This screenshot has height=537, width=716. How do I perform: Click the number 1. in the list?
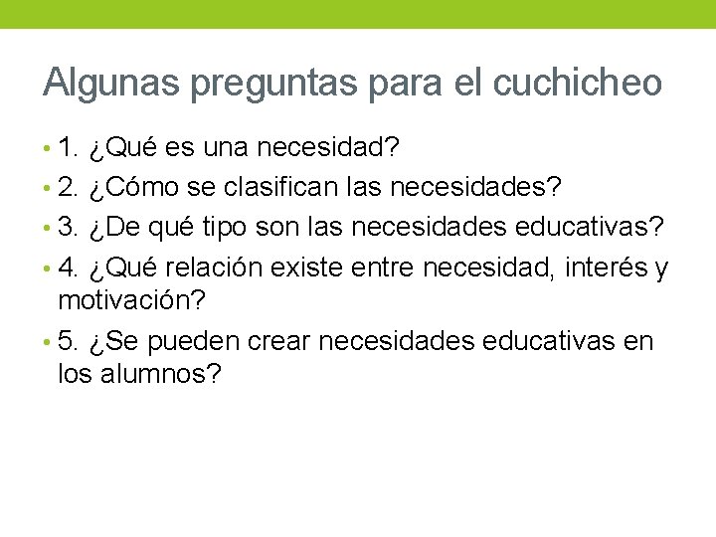(69, 148)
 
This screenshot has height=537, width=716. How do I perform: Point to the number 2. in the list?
(69, 187)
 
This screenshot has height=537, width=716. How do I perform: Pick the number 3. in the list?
(69, 227)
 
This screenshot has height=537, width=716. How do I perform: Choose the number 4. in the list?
(69, 268)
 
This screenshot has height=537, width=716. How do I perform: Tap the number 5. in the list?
(69, 341)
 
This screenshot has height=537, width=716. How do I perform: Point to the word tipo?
(228, 228)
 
